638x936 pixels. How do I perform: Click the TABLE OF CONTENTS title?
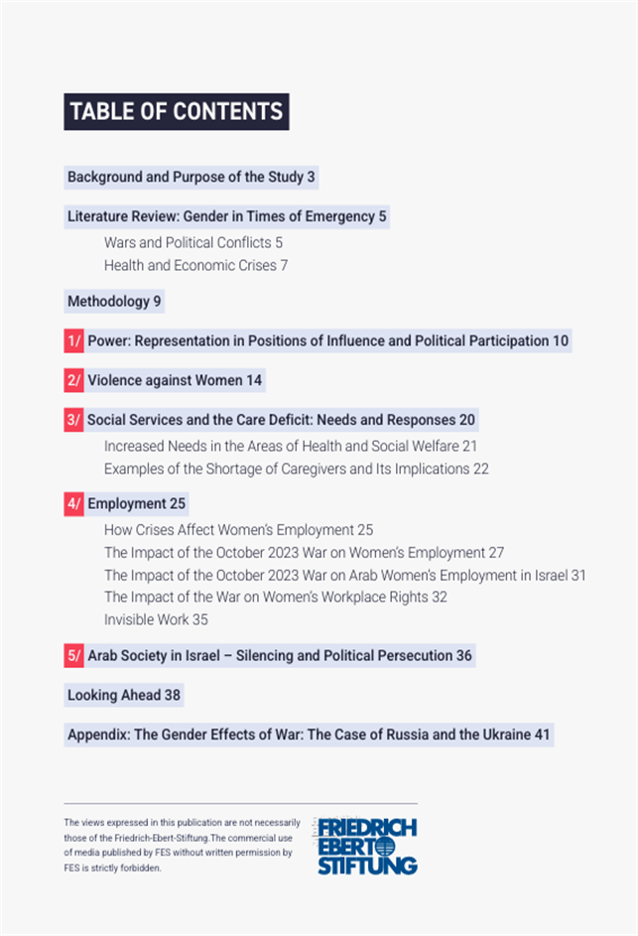tap(176, 111)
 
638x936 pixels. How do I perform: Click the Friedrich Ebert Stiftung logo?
tap(367, 847)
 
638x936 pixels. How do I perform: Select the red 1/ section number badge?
tap(74, 341)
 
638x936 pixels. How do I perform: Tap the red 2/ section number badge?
tap(74, 380)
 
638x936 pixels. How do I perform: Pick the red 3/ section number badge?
tap(74, 420)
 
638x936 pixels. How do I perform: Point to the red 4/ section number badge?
tap(74, 504)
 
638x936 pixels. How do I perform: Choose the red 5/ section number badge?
tap(74, 656)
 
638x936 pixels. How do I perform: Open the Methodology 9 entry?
tap(114, 301)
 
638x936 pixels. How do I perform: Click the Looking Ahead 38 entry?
tap(124, 696)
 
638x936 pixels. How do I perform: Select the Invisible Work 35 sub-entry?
tap(156, 619)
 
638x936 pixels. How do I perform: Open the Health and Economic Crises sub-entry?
tap(195, 265)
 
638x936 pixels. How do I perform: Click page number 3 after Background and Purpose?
tap(311, 178)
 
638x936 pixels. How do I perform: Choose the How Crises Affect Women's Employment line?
tap(238, 530)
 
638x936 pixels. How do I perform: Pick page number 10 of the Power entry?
tap(561, 341)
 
